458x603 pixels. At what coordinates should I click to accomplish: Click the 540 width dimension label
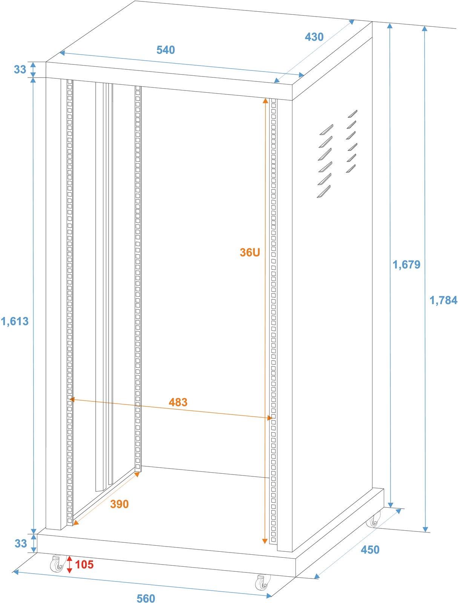coord(165,50)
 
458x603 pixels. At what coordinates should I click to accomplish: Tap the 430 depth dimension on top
coord(314,37)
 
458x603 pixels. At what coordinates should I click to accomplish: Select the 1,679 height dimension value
coord(406,265)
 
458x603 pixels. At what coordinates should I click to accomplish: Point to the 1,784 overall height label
coord(443,300)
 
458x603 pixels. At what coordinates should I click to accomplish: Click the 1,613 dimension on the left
coord(15,321)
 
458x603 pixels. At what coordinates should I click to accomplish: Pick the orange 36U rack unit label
coord(250,252)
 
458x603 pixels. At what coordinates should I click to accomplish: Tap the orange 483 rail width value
coord(178,402)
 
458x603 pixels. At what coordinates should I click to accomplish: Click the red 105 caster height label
coord(84,565)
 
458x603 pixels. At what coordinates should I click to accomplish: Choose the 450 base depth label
coord(370,550)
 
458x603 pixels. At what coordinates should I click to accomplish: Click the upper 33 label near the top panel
coord(20,69)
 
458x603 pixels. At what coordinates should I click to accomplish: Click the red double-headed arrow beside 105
coord(70,564)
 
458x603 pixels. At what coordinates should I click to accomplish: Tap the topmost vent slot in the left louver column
coord(327,129)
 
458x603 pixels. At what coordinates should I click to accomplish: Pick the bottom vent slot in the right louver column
coord(351,168)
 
